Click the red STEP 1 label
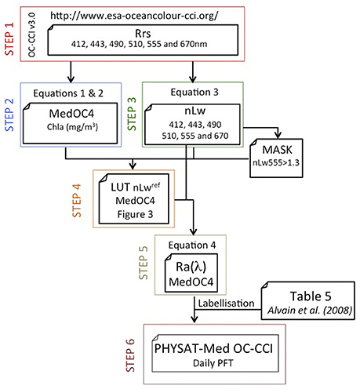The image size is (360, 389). click(9, 39)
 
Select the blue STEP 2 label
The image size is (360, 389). click(9, 115)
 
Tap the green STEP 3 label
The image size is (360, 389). click(132, 114)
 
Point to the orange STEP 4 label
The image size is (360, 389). click(77, 201)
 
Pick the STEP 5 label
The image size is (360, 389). click(144, 263)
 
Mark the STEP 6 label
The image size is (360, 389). click(130, 355)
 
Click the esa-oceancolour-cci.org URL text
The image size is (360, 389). click(134, 16)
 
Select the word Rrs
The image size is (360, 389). click(143, 34)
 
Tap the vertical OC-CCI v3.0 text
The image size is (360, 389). click(31, 35)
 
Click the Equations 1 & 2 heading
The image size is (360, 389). click(68, 93)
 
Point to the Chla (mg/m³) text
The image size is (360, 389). click(72, 127)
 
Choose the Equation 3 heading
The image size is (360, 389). click(195, 92)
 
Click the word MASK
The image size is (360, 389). click(277, 150)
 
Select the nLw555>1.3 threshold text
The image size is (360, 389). click(276, 162)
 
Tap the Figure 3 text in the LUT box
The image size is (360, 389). click(135, 214)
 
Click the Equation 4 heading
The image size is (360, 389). click(192, 245)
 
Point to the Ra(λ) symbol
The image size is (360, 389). click(191, 267)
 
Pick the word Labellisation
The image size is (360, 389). click(226, 304)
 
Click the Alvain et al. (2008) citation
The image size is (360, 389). click(310, 311)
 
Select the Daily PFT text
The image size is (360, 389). click(213, 363)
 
